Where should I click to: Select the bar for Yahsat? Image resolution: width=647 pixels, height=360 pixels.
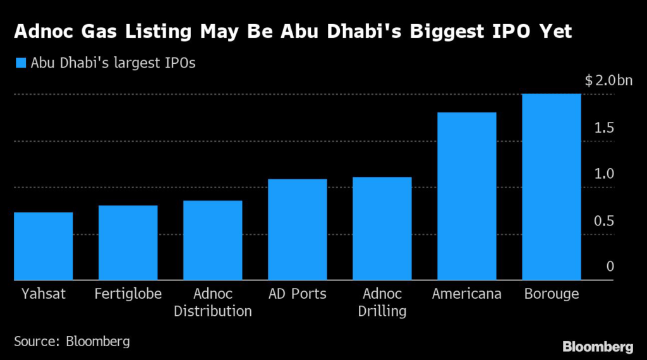43,246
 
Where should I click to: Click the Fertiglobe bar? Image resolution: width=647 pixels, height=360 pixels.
128,243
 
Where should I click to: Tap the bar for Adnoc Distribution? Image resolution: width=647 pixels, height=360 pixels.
212,240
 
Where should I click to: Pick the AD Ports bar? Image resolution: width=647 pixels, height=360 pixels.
297,229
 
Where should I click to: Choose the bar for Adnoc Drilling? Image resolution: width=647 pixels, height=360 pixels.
382,228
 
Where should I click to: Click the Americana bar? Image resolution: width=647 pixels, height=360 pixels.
466,196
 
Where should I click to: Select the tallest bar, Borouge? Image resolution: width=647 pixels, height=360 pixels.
551,186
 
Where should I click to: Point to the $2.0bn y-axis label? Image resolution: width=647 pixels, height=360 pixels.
608,81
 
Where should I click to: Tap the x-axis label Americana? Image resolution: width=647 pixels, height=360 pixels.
466,294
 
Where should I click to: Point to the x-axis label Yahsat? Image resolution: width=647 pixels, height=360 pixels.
42,294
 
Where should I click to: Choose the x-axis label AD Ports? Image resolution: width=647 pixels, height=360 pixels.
297,294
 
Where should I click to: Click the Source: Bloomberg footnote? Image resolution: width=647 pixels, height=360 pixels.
72,342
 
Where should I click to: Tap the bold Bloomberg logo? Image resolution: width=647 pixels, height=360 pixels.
597,346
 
